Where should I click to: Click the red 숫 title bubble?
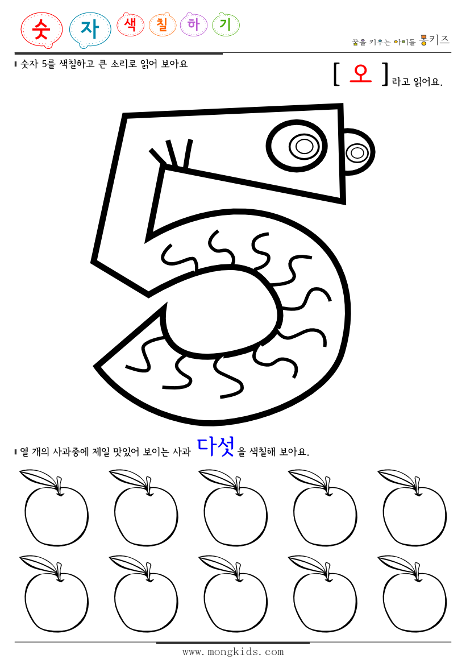[x=41, y=30]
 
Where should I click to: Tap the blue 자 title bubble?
[x=90, y=30]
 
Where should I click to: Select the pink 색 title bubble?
[x=131, y=24]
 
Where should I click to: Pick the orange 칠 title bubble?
[x=162, y=24]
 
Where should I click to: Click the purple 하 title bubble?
[x=193, y=24]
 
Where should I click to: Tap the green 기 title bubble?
[x=225, y=24]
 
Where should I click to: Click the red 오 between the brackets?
[x=360, y=73]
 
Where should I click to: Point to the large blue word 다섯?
[x=216, y=447]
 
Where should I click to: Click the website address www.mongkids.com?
[x=233, y=652]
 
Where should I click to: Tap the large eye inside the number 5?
[x=297, y=146]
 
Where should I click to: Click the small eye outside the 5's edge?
[x=357, y=152]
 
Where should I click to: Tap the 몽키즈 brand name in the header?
[x=435, y=40]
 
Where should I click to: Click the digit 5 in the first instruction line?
[x=44, y=64]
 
